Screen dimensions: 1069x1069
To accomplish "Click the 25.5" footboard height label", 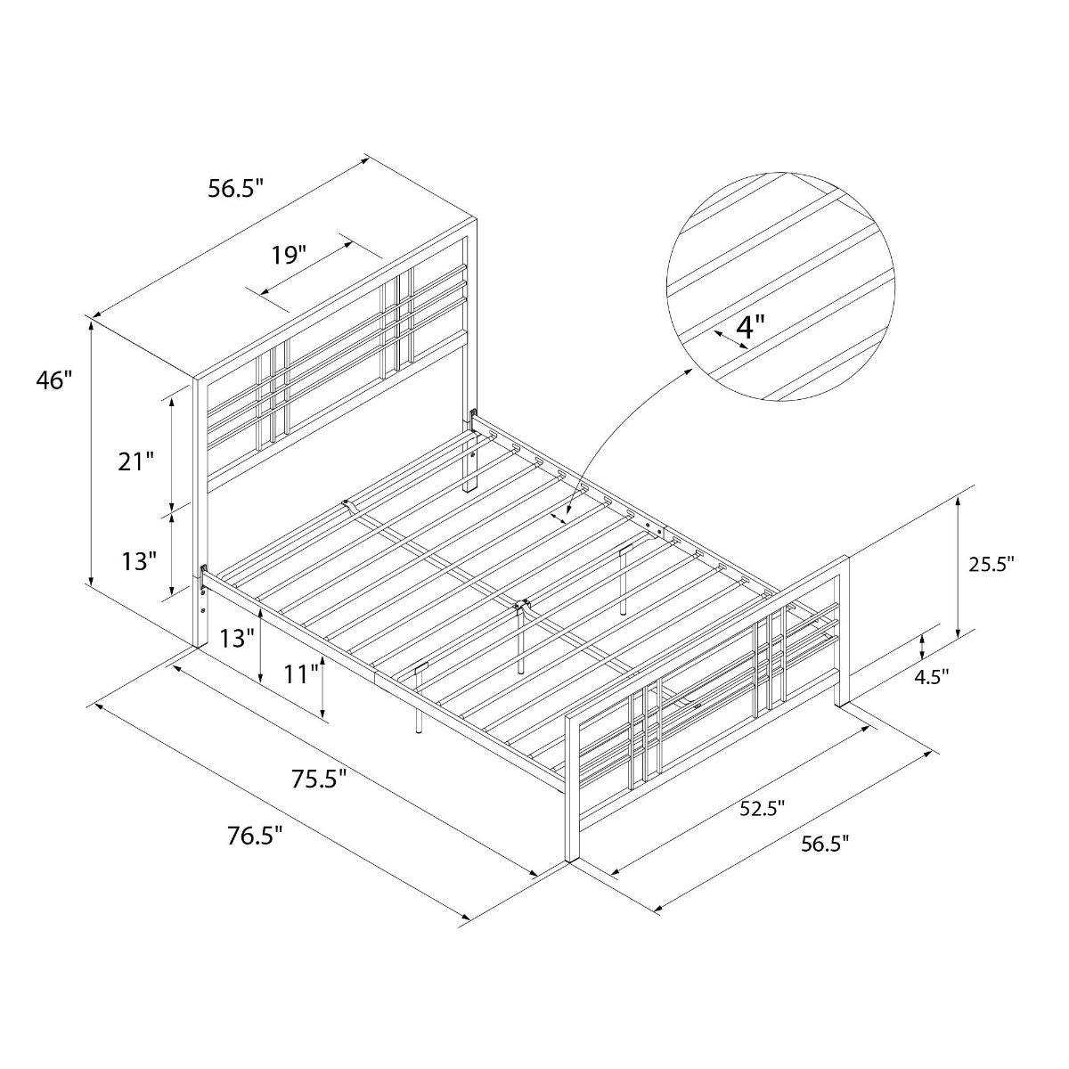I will pyautogui.click(x=990, y=563).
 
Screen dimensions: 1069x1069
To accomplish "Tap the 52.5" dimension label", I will pyautogui.click(x=762, y=809).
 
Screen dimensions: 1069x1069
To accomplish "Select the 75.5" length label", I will pyautogui.click(x=318, y=779).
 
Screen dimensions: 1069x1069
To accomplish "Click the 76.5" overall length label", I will pyautogui.click(x=255, y=836).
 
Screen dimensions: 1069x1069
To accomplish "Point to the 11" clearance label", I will pyautogui.click(x=302, y=674).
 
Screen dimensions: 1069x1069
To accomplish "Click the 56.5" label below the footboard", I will pyautogui.click(x=825, y=844).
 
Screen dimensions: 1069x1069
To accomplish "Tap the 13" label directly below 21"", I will pyautogui.click(x=140, y=561).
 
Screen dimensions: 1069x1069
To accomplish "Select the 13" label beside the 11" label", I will pyautogui.click(x=238, y=638).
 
